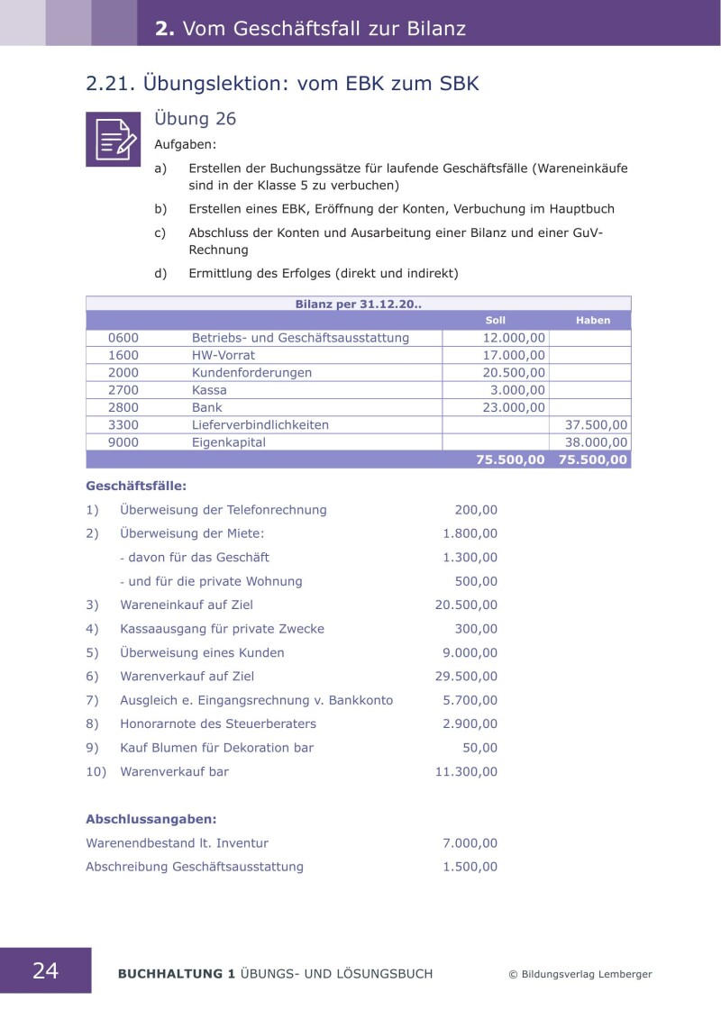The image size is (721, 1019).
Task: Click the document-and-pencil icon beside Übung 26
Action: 113,140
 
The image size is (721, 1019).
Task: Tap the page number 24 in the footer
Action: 45,970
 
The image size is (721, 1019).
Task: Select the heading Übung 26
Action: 196,119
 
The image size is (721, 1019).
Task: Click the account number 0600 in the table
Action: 123,338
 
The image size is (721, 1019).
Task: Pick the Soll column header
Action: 496,320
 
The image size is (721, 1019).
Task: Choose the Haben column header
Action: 593,320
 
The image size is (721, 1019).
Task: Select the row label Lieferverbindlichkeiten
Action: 260,424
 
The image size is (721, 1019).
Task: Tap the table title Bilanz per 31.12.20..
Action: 359,304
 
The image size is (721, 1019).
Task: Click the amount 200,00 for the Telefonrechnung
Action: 476,510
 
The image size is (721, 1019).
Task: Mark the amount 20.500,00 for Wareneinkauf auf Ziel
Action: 466,605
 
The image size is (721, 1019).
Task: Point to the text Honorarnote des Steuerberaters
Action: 218,723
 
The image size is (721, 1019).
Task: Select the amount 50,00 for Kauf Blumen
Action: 479,748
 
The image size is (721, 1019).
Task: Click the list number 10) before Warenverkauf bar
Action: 96,771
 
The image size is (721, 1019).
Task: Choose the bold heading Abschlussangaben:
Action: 151,819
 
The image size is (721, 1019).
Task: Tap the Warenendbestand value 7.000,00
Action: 470,843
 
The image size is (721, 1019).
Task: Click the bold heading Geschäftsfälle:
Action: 136,486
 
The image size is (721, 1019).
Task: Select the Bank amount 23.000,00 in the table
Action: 514,407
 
